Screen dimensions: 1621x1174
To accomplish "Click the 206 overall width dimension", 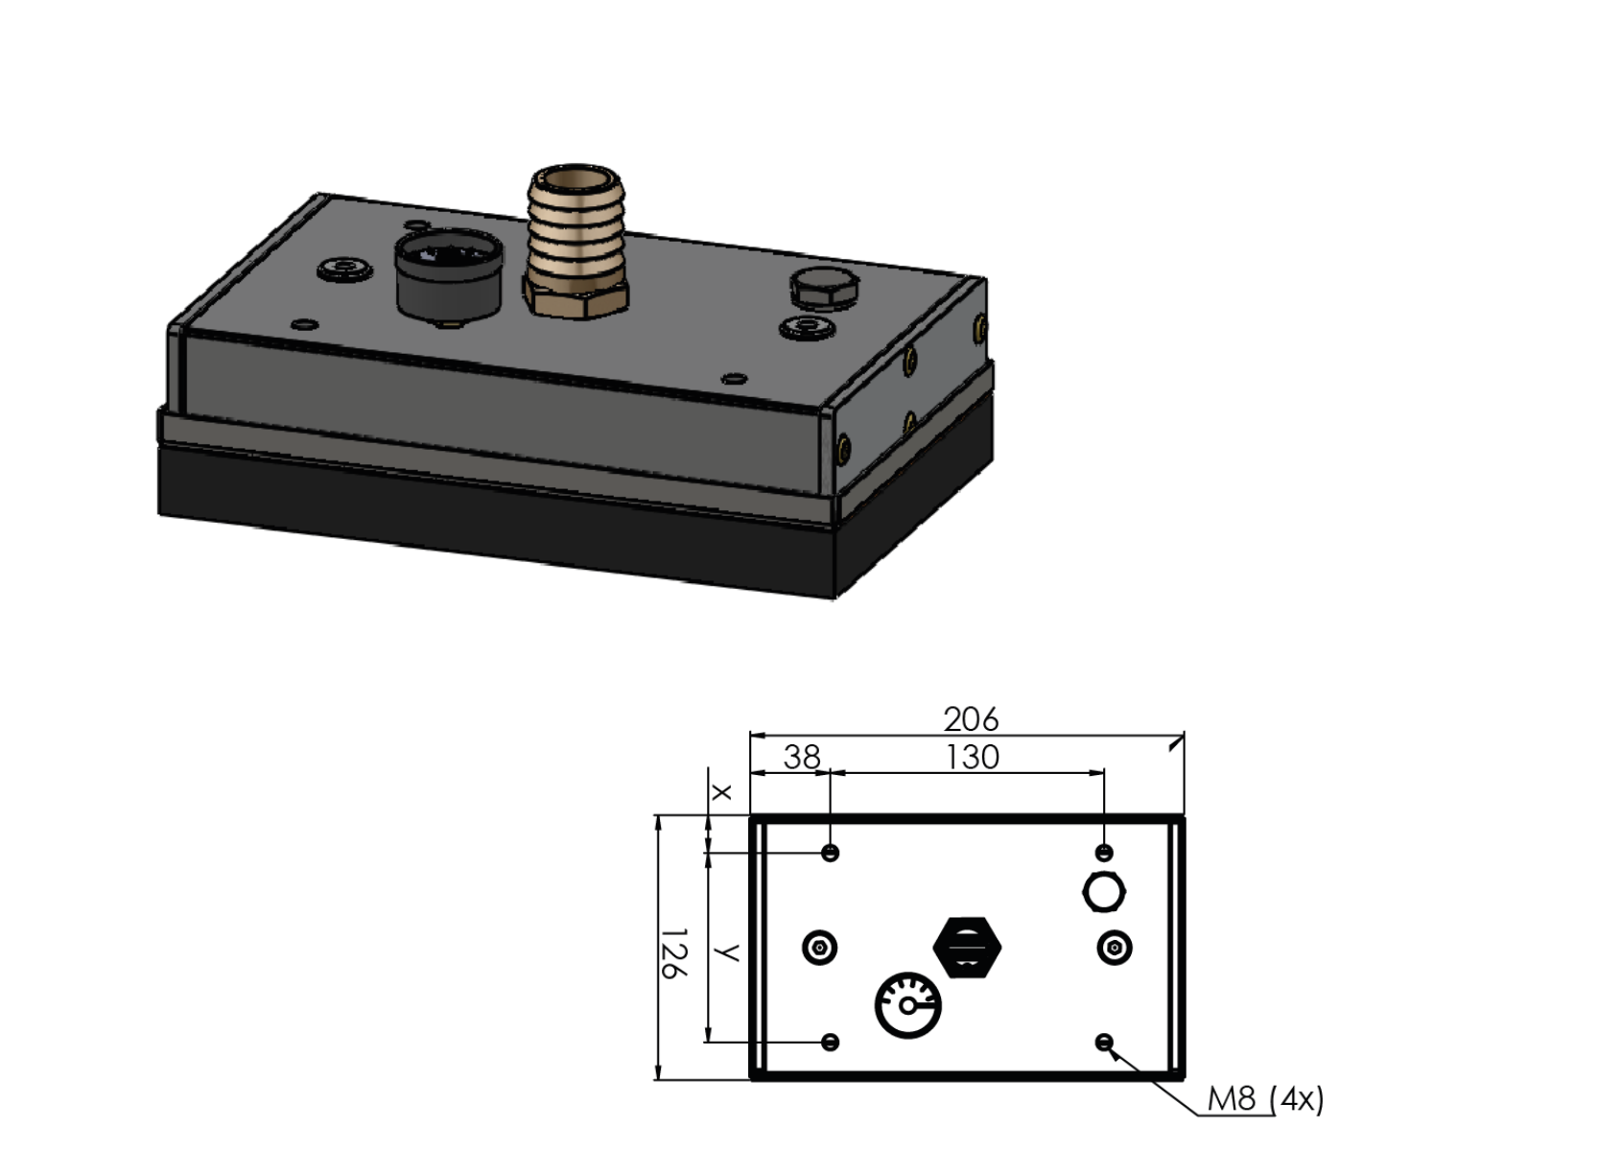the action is tap(971, 720).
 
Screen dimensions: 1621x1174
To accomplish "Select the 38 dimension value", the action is tap(802, 758).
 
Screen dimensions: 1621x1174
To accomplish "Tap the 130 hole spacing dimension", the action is tap(973, 758).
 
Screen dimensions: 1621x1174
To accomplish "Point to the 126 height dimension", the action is tap(673, 954).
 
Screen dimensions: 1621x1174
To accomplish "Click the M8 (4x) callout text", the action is tap(1265, 1099).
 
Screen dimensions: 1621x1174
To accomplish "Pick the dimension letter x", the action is tap(721, 792).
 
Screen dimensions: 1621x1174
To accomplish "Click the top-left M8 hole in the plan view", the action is tap(831, 853).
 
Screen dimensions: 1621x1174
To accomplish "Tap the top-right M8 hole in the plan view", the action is tap(1104, 853).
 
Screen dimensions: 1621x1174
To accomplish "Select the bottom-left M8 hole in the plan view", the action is tap(832, 1043).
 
